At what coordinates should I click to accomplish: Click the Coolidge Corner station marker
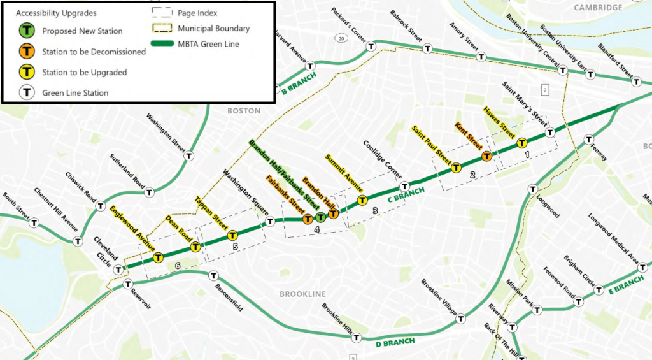tap(404, 187)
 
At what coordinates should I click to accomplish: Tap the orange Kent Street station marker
tap(486, 155)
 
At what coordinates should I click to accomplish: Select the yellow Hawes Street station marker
tap(521, 143)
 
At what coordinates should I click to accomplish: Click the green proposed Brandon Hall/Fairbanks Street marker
tap(321, 218)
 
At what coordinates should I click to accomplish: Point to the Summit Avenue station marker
tap(362, 200)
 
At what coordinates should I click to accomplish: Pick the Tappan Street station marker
tap(232, 236)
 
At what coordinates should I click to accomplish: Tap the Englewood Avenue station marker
tap(158, 257)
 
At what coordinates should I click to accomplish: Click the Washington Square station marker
tap(270, 221)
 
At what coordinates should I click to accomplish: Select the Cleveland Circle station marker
tap(118, 270)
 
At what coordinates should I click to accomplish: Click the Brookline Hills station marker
tap(357, 338)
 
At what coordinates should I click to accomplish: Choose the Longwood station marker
tap(533, 189)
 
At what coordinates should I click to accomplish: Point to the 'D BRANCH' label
tap(395, 342)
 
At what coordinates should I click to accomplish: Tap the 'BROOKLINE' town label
tap(302, 294)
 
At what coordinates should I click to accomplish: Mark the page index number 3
tap(375, 211)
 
